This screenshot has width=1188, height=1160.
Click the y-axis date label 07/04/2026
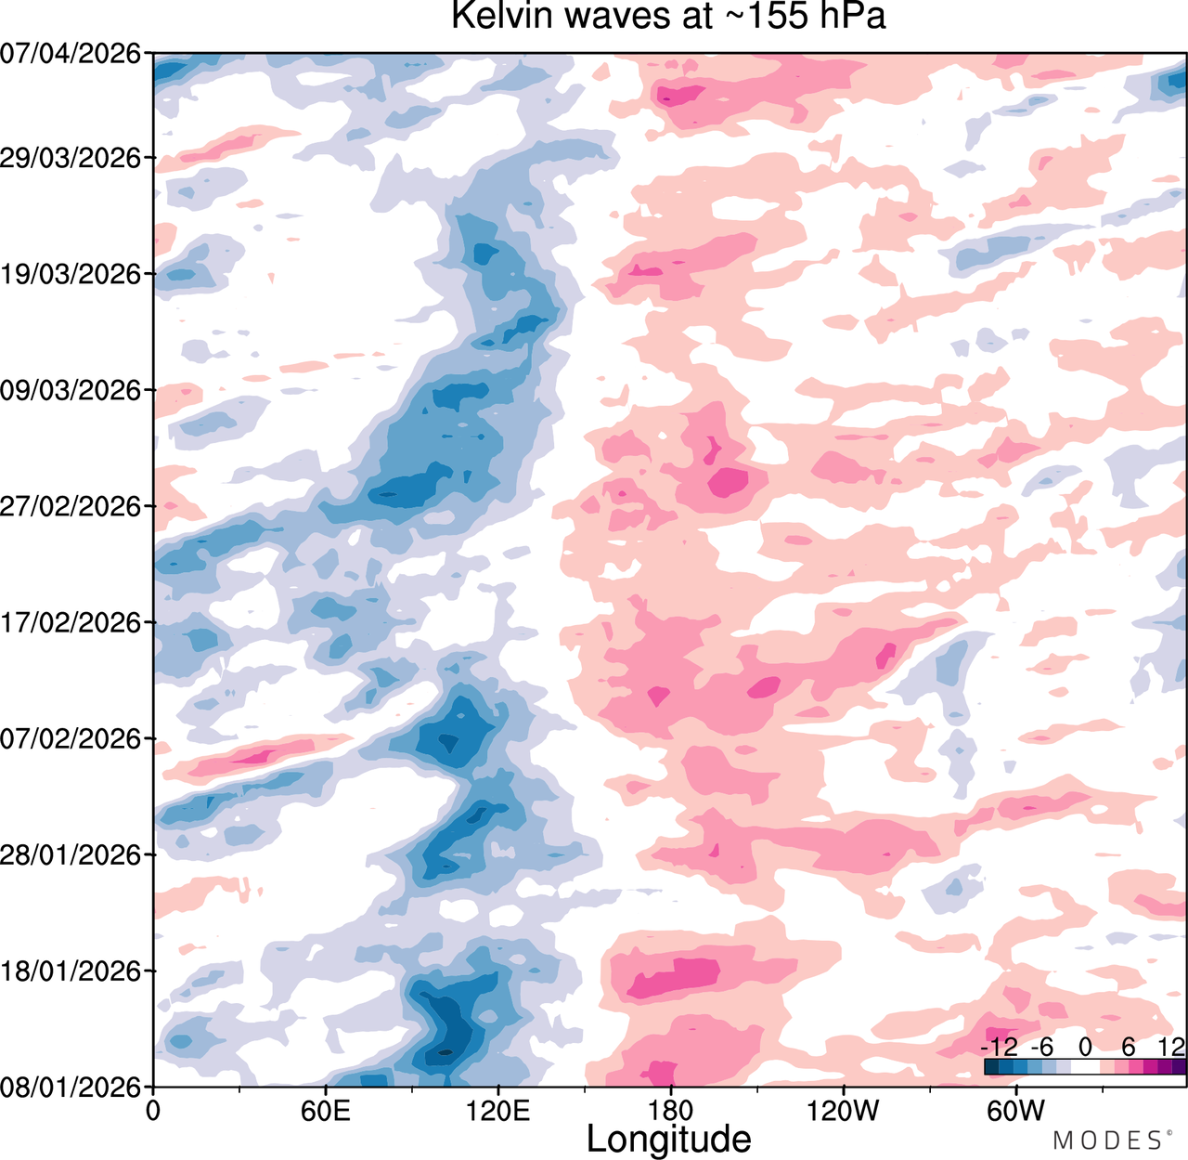click(x=71, y=55)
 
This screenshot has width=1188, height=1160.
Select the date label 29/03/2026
click(x=71, y=158)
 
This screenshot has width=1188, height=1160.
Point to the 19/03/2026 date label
click(x=71, y=274)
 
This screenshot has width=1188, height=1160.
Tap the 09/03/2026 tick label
click(x=71, y=390)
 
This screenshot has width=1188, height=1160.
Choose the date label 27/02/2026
click(x=71, y=506)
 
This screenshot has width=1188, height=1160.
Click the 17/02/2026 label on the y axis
click(x=71, y=622)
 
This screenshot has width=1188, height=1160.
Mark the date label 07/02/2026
click(x=71, y=738)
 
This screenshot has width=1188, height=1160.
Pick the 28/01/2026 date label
click(x=71, y=854)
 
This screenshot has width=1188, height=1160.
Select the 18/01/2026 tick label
click(x=71, y=971)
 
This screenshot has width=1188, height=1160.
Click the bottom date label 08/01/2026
click(x=71, y=1087)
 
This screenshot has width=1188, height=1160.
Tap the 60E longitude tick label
click(x=326, y=1111)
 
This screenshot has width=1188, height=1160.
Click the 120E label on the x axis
click(x=498, y=1111)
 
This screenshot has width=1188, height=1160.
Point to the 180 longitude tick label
click(x=671, y=1111)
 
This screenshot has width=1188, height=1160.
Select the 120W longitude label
click(x=844, y=1111)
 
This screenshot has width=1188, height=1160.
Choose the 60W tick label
click(x=1016, y=1111)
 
